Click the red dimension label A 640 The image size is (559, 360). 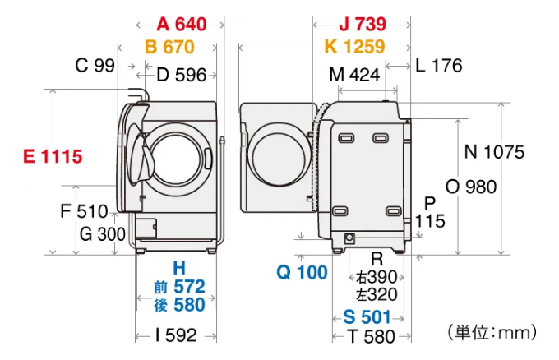pos(182,24)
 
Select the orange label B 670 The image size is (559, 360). pos(169,47)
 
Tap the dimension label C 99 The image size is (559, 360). pos(95,65)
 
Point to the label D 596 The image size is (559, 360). pos(182,75)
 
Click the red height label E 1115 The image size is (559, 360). pos(53,156)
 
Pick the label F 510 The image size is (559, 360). pos(84,211)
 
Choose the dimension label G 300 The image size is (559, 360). pos(103,234)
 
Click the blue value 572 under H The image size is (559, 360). pos(189,287)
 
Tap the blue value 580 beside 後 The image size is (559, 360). pos(189,305)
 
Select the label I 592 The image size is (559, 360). pos(176,335)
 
